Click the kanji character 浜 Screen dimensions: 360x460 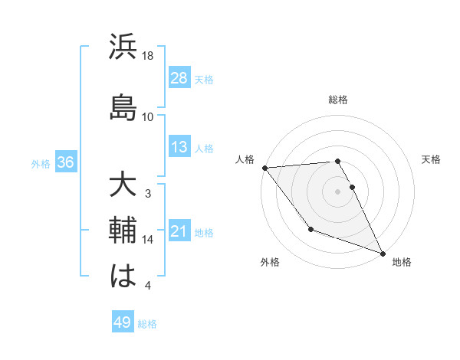click(123, 47)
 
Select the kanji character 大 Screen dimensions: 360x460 click(123, 186)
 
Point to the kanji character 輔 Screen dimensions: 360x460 click(123, 229)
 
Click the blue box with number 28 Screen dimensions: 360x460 click(179, 79)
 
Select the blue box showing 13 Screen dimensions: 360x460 click(179, 148)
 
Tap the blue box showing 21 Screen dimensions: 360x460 click(179, 232)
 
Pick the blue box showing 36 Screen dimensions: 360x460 click(65, 162)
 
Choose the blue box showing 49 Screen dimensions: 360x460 click(123, 322)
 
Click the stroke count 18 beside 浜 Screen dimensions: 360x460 click(148, 56)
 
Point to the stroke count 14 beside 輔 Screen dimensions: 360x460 click(148, 240)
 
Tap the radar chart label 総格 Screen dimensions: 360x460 click(338, 100)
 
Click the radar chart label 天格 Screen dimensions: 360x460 click(431, 159)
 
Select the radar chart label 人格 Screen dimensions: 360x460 click(245, 159)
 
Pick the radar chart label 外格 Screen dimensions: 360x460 click(270, 262)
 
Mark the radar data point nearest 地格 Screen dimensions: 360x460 click(383, 253)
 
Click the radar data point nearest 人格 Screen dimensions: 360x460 click(264, 168)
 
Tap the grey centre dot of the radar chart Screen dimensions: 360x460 click(338, 191)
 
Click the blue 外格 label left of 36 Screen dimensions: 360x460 click(41, 163)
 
